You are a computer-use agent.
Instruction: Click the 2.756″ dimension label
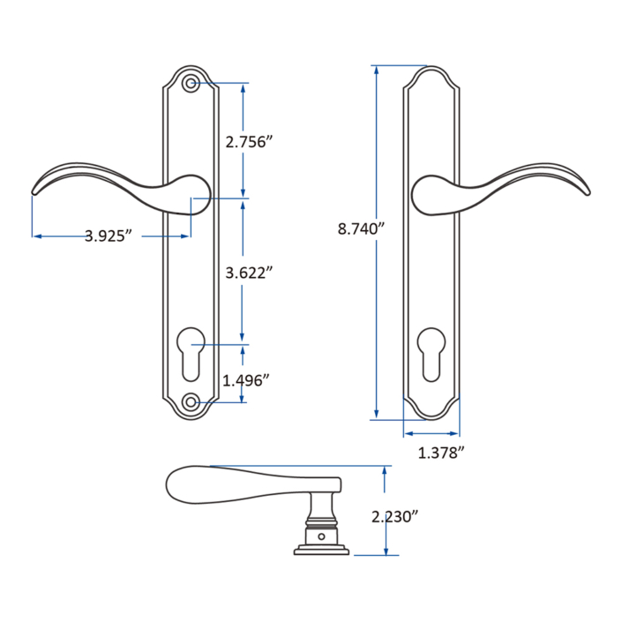(245, 142)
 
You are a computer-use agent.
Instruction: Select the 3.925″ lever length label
(109, 236)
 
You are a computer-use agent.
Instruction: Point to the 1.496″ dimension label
(246, 380)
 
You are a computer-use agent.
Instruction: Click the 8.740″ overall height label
(363, 229)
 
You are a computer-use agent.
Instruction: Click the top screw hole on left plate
(191, 85)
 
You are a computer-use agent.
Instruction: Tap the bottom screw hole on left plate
(191, 402)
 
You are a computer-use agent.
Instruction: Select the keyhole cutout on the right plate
(431, 353)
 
